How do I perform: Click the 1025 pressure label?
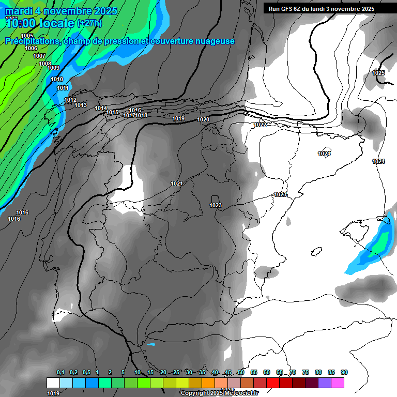(378, 73)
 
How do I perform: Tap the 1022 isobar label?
(260, 125)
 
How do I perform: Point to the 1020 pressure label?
(203, 120)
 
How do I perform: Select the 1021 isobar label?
(177, 184)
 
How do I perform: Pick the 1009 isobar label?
(53, 68)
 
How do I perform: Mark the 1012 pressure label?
(70, 100)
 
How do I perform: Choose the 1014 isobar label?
(101, 108)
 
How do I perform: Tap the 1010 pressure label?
(57, 79)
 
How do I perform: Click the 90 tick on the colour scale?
(344, 372)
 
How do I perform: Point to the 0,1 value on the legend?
(60, 372)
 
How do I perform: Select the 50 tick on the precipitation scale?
(241, 372)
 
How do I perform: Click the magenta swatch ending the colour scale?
(338, 383)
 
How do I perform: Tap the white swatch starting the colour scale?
(53, 383)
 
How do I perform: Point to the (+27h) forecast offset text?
(89, 23)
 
